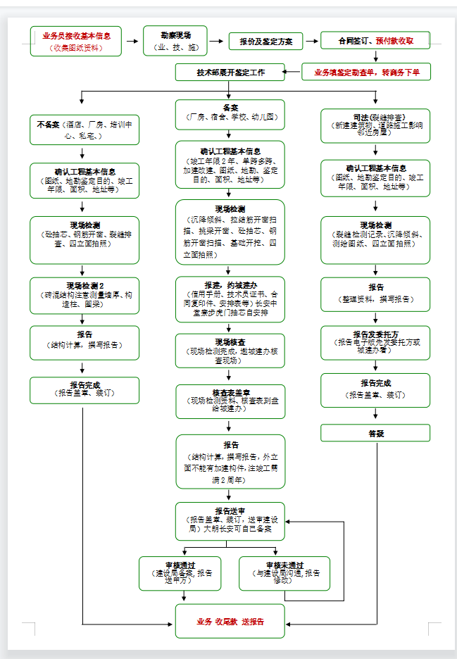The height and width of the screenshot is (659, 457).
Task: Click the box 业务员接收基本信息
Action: click(x=76, y=41)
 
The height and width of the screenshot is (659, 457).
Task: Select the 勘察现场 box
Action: click(x=175, y=41)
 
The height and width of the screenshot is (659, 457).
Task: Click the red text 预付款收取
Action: click(x=394, y=41)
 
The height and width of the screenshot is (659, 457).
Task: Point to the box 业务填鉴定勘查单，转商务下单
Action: click(x=366, y=72)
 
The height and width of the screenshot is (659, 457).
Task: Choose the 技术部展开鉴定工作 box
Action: click(x=230, y=72)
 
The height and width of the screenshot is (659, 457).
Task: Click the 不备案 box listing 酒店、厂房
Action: click(x=84, y=130)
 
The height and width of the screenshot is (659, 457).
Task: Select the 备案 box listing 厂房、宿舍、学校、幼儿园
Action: click(x=230, y=114)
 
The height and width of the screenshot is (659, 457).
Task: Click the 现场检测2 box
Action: click(x=84, y=294)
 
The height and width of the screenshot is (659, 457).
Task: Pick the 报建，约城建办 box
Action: click(x=230, y=299)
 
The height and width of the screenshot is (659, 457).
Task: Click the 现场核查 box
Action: click(x=230, y=351)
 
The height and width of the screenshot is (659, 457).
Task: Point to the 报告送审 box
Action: click(x=230, y=520)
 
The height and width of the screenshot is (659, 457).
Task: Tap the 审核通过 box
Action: click(x=179, y=573)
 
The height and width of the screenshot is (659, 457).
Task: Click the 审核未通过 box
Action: click(x=284, y=573)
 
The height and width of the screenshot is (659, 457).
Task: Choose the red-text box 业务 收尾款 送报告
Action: click(x=230, y=621)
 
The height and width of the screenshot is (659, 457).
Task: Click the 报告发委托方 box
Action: click(x=375, y=342)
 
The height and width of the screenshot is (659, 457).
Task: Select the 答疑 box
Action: click(x=375, y=433)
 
